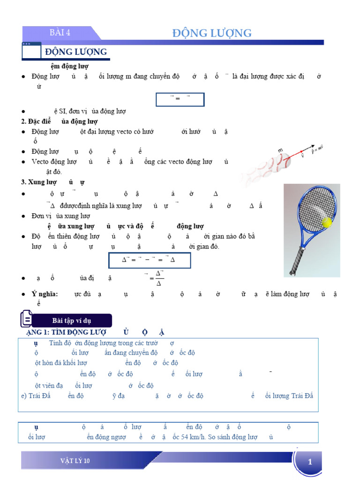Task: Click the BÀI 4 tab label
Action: (60, 33)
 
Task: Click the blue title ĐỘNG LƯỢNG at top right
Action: (212, 33)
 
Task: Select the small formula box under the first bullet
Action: (180, 99)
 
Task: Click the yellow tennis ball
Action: (327, 222)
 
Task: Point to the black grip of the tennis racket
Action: (297, 261)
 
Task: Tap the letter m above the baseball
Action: (280, 150)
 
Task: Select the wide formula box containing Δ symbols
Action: (150, 260)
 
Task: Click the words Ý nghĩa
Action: (45, 294)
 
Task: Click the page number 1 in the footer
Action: (310, 462)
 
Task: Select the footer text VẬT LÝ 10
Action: (75, 461)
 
